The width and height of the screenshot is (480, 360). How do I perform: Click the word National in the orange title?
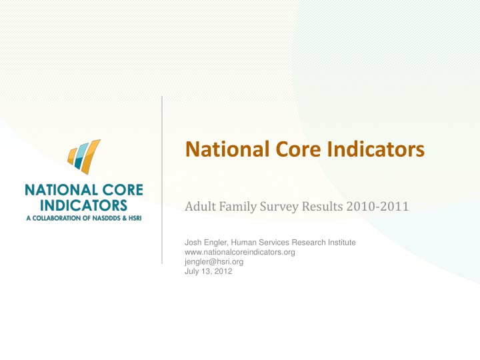[x=227, y=149]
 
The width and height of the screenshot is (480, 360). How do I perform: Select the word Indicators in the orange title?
[x=375, y=149]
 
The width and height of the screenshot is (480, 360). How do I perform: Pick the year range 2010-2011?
[x=377, y=206]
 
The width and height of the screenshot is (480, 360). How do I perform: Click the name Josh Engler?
[x=206, y=243]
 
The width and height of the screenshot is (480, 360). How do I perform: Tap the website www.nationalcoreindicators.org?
[x=240, y=252]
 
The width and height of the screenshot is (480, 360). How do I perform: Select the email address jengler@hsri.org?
[x=214, y=262]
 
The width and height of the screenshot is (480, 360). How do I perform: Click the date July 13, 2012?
[x=208, y=271]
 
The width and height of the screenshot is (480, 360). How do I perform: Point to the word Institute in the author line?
[x=342, y=243]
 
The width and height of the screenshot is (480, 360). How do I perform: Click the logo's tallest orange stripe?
[x=90, y=157]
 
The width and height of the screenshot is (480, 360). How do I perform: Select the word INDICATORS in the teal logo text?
[x=83, y=205]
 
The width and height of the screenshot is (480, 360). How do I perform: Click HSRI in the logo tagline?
[x=135, y=218]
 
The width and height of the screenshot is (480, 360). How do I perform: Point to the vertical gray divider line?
[x=162, y=180]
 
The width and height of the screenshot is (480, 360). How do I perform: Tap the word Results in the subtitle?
[x=323, y=206]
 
